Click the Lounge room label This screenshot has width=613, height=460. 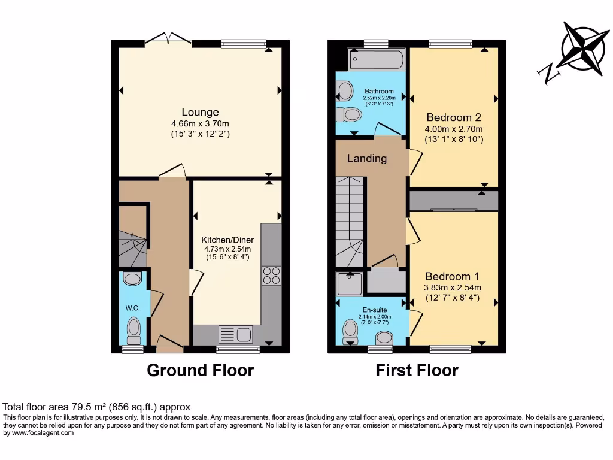[x=200, y=112]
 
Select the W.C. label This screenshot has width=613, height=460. [x=132, y=308]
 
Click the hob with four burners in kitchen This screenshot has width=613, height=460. [x=271, y=275]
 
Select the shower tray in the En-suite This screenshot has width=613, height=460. [x=349, y=284]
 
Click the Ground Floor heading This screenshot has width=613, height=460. [x=200, y=371]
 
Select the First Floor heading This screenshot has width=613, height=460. [x=417, y=371]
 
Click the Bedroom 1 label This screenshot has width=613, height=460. [x=452, y=276]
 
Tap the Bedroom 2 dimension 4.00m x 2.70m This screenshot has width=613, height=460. [x=453, y=129]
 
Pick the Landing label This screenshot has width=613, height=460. [x=367, y=159]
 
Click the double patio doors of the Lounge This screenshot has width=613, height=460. [x=169, y=40]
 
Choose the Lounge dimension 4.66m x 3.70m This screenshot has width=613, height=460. [x=200, y=124]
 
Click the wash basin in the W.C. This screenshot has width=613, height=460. [x=132, y=278]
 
